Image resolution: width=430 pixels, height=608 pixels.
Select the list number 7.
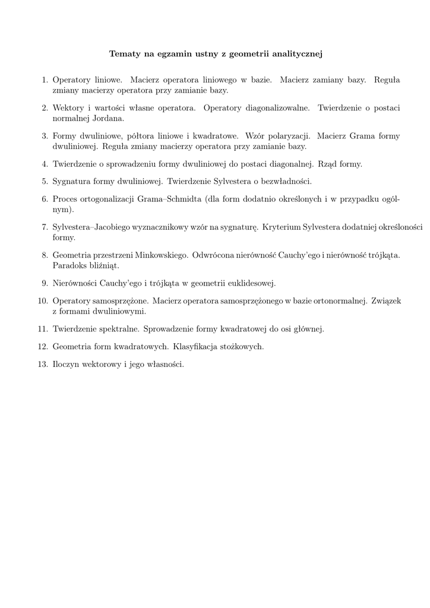click(x=45, y=227)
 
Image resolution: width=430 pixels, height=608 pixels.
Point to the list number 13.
click(x=42, y=365)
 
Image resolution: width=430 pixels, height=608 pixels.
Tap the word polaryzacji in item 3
click(x=287, y=136)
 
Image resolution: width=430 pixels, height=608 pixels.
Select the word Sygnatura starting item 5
click(x=73, y=182)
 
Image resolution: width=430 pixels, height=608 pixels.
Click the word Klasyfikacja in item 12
click(x=196, y=347)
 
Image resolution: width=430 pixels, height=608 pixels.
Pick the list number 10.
click(x=42, y=301)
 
